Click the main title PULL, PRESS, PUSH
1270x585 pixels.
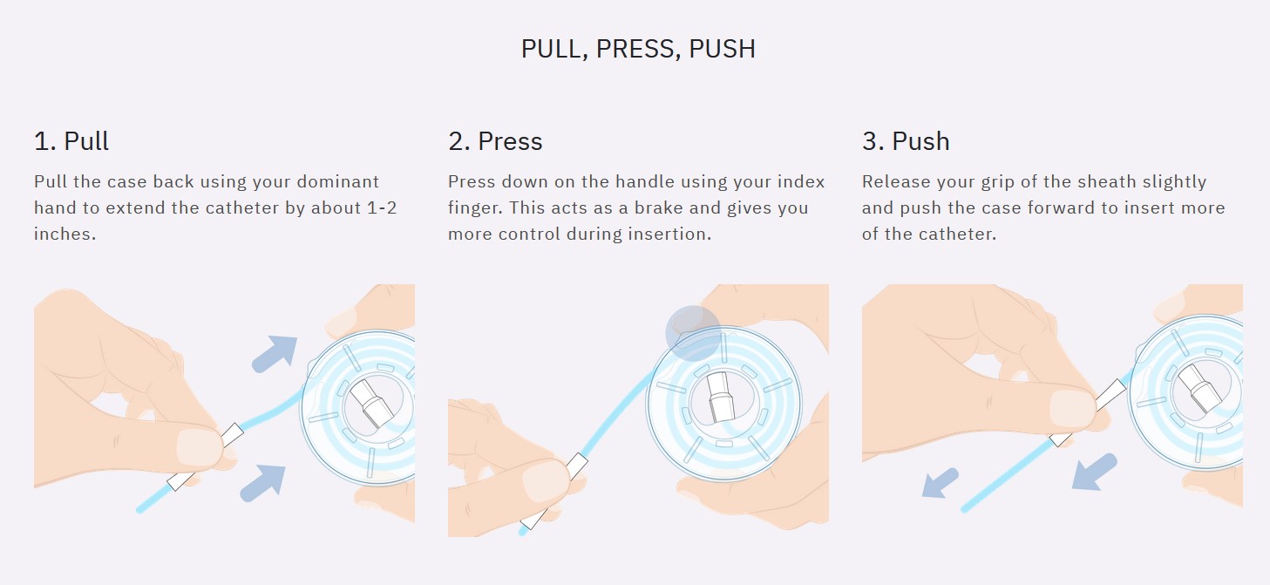638,49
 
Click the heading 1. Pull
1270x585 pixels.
71,141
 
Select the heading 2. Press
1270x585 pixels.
495,141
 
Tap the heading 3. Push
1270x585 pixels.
906,141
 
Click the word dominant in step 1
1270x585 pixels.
338,181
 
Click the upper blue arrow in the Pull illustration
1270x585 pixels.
275,354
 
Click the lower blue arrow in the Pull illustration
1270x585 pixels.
263,483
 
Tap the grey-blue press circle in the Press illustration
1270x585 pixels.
693,333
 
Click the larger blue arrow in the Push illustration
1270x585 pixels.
1094,472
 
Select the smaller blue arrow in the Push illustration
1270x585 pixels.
940,484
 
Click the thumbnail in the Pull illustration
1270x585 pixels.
199,448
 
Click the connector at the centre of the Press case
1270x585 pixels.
720,397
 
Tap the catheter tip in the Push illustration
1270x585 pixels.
964,510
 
